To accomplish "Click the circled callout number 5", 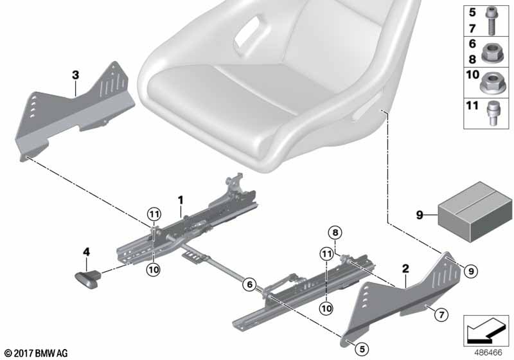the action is [362, 349].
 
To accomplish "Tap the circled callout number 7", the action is [441, 315].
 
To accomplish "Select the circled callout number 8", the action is [335, 233].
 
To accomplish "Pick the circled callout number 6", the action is [250, 284].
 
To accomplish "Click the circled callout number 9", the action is [471, 271].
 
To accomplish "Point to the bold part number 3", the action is [75, 75].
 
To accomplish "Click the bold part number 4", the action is [86, 252].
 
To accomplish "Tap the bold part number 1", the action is [181, 200].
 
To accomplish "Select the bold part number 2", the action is [405, 269].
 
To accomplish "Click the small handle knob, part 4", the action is [88, 279].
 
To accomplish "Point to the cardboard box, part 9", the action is [475, 210].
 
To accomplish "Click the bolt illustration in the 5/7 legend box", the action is [491, 21].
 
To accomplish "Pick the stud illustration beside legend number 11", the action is [492, 113].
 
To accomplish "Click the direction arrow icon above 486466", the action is [486, 330].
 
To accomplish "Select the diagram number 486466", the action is [488, 352].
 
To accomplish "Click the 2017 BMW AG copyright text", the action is [36, 353].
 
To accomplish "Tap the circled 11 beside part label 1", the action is [154, 215].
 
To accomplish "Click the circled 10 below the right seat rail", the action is [326, 308].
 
